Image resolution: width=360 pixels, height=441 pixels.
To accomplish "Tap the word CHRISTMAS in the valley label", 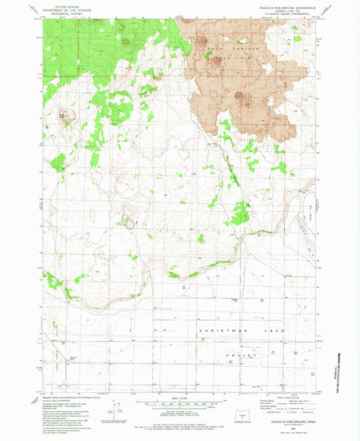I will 217,330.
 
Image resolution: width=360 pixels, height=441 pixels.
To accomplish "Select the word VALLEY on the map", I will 247,355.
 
